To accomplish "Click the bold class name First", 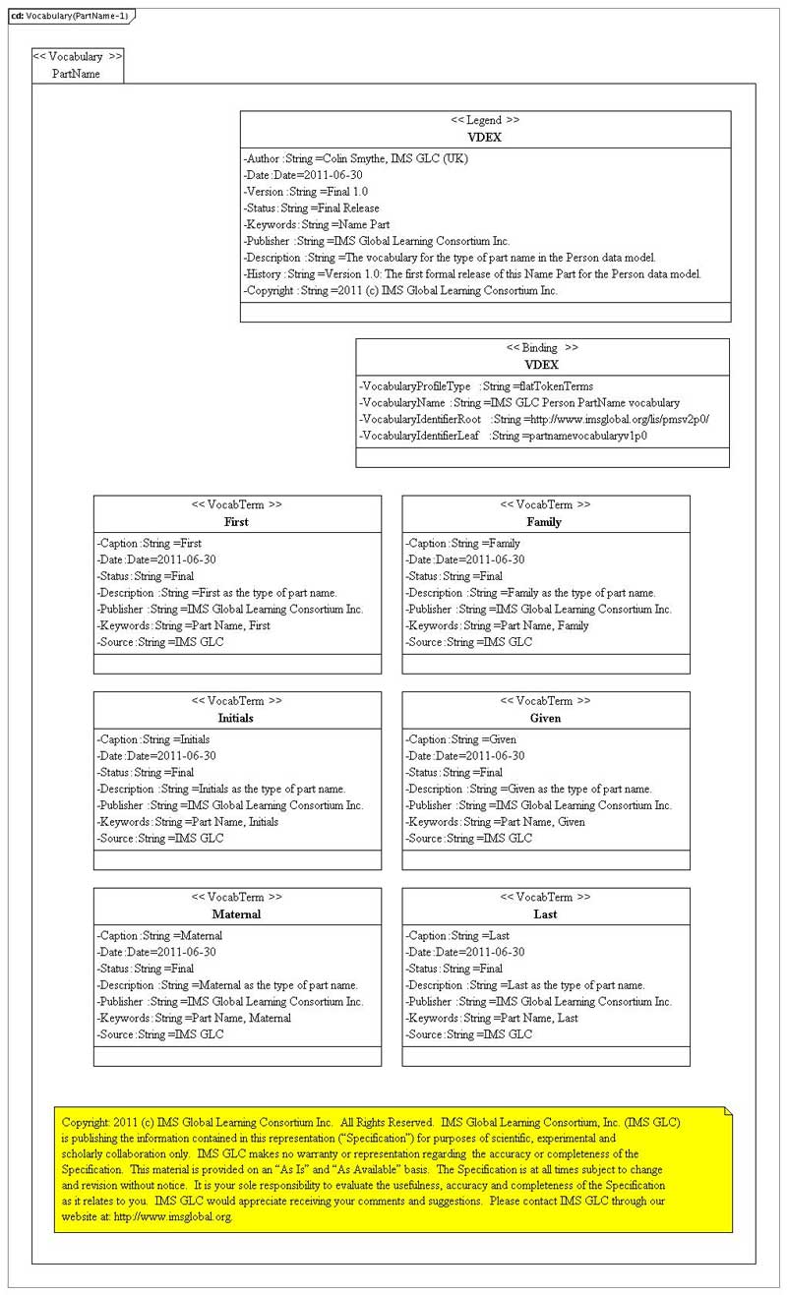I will coord(236,522).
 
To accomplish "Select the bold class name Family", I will coord(544,522).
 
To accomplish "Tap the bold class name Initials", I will coord(236,719).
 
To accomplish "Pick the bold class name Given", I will coord(545,719).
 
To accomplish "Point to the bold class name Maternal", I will coord(236,914).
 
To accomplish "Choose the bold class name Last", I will coord(545,914).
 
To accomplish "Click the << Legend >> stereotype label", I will coord(485,120).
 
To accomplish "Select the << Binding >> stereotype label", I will coord(542,348).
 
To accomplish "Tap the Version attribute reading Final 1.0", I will coord(306,192).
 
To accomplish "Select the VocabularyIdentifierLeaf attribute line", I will coord(503,436).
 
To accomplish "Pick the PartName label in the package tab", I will coord(76,74).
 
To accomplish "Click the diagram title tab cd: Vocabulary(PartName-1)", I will coord(69,16).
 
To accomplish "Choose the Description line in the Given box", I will coord(528,790).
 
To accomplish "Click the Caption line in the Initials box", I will coord(153,739).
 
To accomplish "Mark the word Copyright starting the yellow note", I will coord(86,1122).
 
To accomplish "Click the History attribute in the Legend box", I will coord(472,274).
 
